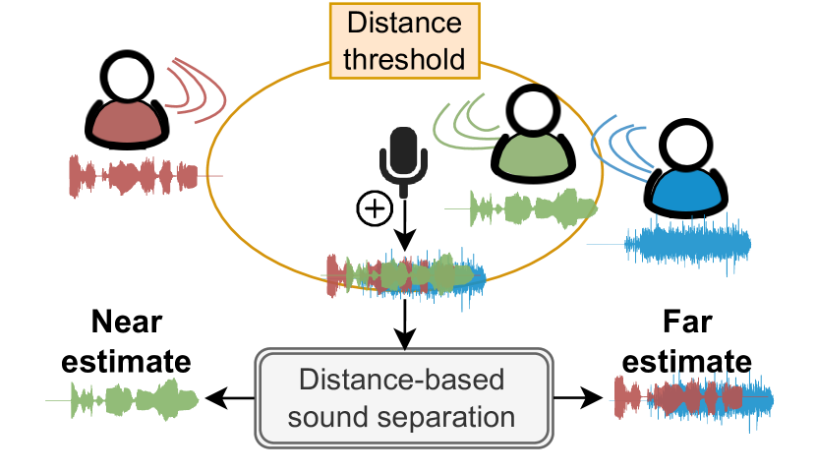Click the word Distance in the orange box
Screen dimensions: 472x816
point(403,25)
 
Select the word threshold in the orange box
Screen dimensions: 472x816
point(403,59)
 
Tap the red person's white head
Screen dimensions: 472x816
point(127,80)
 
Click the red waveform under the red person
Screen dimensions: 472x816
point(133,177)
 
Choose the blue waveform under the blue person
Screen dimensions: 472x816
point(687,244)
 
